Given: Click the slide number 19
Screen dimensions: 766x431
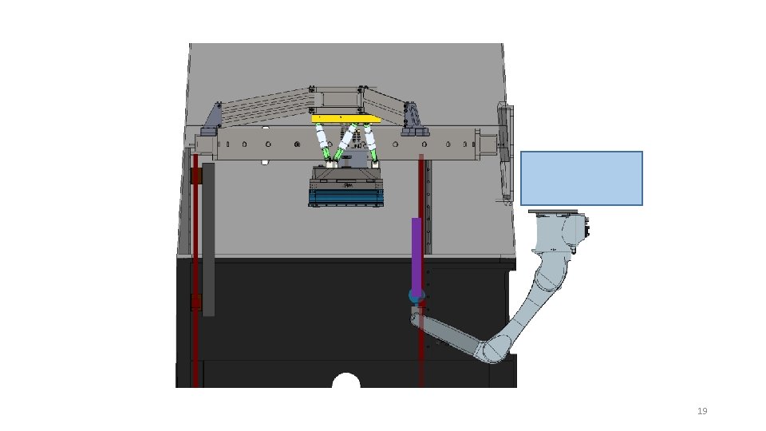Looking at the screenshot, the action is pyautogui.click(x=702, y=411).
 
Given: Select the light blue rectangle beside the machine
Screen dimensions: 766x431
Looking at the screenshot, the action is pyautogui.click(x=582, y=178).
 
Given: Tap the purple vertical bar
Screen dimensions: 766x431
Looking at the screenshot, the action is pyautogui.click(x=417, y=254).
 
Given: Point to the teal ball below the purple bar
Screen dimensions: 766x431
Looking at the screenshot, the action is pyautogui.click(x=417, y=295).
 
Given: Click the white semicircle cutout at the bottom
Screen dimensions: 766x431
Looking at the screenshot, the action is pyautogui.click(x=345, y=381).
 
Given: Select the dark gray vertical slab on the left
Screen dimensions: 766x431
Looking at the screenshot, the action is pyautogui.click(x=208, y=239).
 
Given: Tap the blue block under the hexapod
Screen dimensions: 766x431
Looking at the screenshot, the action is pyautogui.click(x=345, y=197).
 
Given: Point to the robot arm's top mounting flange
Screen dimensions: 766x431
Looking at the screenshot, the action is pyautogui.click(x=553, y=212).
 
